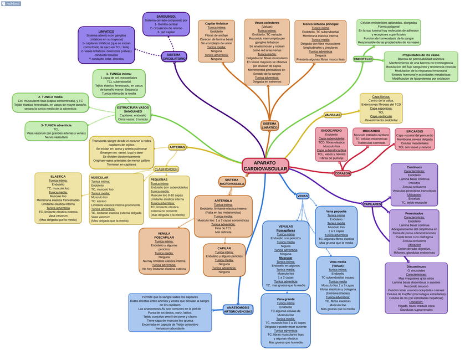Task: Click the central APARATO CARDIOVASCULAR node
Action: coord(265,166)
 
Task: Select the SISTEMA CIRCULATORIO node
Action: coord(174,56)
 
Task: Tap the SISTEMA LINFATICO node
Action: coord(269,126)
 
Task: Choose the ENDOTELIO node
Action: coord(363,59)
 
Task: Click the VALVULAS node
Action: coord(332,115)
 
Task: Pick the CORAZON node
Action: coord(343,173)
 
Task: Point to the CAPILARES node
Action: coord(372,204)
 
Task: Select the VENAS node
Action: coord(303,196)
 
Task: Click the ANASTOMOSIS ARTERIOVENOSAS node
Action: coord(238,309)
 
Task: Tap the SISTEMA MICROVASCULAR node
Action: coord(232,182)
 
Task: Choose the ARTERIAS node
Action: coord(177,147)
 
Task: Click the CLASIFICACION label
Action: coord(166,169)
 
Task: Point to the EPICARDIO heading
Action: coord(415,132)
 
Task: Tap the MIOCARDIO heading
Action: coord(371,131)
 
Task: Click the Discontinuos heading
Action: coord(416,266)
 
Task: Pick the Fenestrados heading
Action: coord(414,213)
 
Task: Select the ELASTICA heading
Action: coord(58,177)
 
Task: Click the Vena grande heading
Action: coord(285,299)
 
